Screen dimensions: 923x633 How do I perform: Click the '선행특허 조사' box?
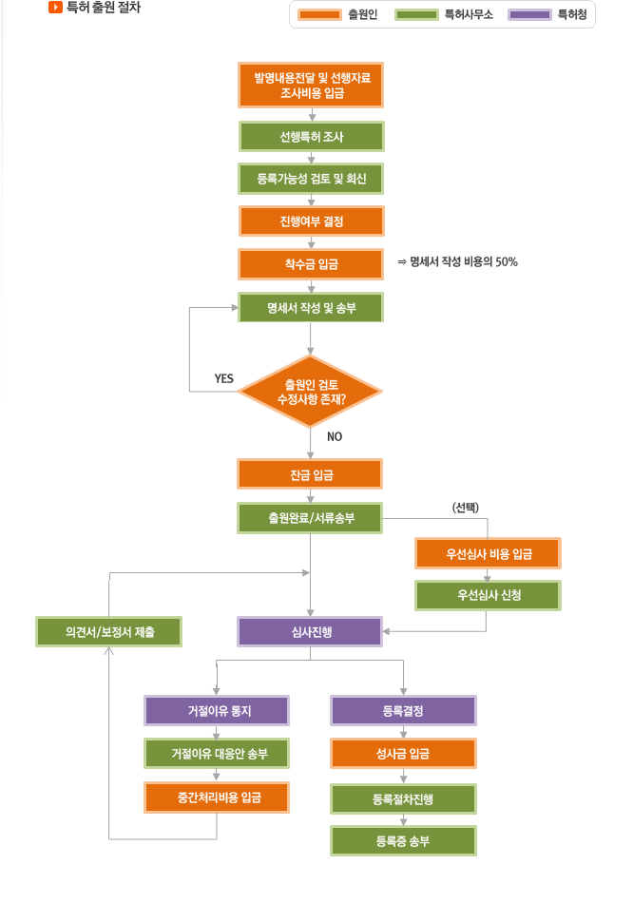click(x=311, y=137)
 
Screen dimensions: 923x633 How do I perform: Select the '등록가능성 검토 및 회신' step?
click(x=311, y=179)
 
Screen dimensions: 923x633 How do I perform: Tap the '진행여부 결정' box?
click(x=311, y=221)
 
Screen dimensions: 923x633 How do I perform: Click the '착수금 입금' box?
click(x=311, y=263)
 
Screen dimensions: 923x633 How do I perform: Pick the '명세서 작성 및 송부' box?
click(x=311, y=307)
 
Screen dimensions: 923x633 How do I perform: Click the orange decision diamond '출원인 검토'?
click(x=310, y=392)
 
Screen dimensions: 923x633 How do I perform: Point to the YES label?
click(x=224, y=378)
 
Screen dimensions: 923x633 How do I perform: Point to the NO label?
click(x=335, y=436)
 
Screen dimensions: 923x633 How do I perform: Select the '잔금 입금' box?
click(x=311, y=473)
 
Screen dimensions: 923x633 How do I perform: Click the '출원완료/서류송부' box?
click(x=311, y=518)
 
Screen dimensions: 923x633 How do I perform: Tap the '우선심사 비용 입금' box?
click(x=489, y=553)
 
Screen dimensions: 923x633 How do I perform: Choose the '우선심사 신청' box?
click(x=489, y=595)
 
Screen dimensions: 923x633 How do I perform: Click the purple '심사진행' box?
click(x=311, y=631)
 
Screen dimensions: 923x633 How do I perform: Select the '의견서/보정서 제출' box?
click(x=109, y=631)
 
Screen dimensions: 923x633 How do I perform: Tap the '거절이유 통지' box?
click(x=217, y=711)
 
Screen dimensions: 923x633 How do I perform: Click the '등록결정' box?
click(x=403, y=711)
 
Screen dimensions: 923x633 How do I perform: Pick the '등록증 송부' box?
click(x=403, y=840)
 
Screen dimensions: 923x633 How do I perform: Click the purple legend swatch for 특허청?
click(x=530, y=14)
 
